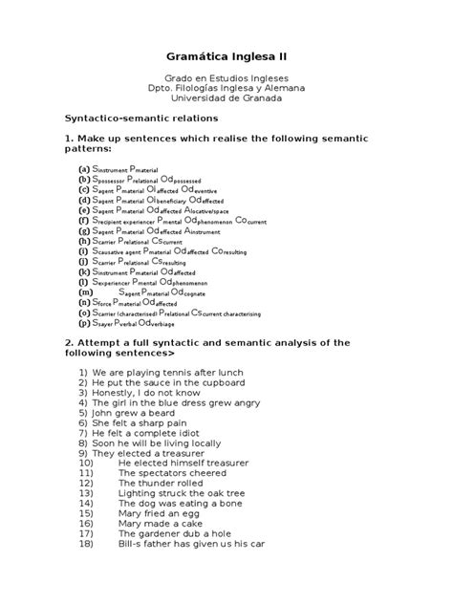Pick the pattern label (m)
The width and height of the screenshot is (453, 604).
(x=84, y=291)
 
